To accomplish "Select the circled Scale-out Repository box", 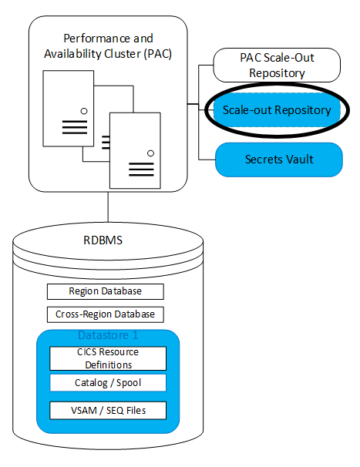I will (x=276, y=110).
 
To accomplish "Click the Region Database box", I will (x=105, y=291).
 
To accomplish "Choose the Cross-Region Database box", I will (x=105, y=314).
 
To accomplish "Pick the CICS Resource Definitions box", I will (x=107, y=358).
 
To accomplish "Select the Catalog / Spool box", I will (x=107, y=383).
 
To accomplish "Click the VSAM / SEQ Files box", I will (x=107, y=410).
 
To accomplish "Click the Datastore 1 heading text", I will (x=107, y=336).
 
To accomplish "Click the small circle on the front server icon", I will (x=150, y=153).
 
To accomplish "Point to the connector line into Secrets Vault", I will (x=206, y=160).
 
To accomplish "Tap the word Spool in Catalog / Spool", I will (x=126, y=383).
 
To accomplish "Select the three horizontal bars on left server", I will (x=74, y=127).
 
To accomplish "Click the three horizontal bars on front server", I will (x=142, y=168).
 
